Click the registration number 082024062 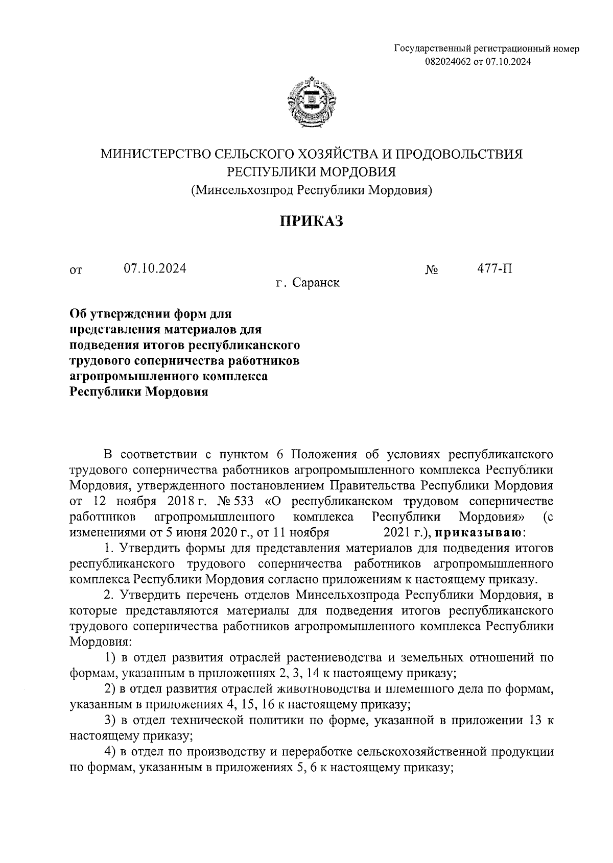point(445,62)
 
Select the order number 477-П point(494,268)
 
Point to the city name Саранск point(316,283)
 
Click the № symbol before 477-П point(432,269)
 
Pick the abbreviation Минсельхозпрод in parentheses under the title point(243,190)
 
